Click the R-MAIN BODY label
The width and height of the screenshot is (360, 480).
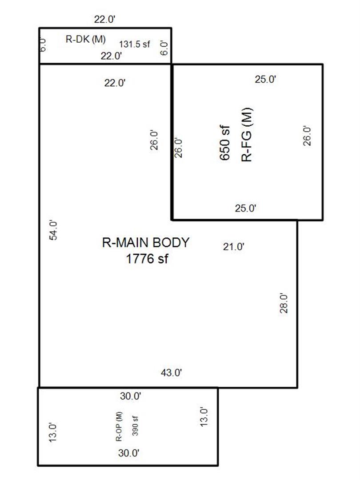(146, 243)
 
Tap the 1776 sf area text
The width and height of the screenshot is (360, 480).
(147, 259)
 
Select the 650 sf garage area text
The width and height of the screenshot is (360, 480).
(225, 143)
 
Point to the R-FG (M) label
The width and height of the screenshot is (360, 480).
(247, 135)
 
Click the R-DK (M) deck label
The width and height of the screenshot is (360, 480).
(86, 39)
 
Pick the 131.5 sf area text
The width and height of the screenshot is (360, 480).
(134, 44)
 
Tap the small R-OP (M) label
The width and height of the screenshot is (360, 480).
(119, 426)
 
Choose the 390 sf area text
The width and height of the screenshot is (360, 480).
(135, 426)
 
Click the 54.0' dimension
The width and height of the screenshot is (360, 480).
(53, 230)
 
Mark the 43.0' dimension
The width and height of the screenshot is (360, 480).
(172, 372)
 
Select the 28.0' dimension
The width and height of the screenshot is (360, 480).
(284, 303)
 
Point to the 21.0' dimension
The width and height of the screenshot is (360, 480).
(234, 246)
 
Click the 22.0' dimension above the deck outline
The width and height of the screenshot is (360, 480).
(105, 20)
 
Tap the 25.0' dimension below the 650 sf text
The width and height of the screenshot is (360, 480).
(245, 208)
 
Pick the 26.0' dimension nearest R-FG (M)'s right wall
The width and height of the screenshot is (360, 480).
(307, 136)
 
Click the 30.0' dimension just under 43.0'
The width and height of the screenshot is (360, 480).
(130, 396)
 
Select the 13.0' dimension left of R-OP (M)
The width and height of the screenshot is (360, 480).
(52, 432)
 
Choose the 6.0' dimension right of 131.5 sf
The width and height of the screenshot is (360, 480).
(164, 48)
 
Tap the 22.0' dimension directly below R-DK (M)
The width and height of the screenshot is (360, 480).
(112, 56)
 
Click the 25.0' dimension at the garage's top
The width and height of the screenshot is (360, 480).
(265, 79)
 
